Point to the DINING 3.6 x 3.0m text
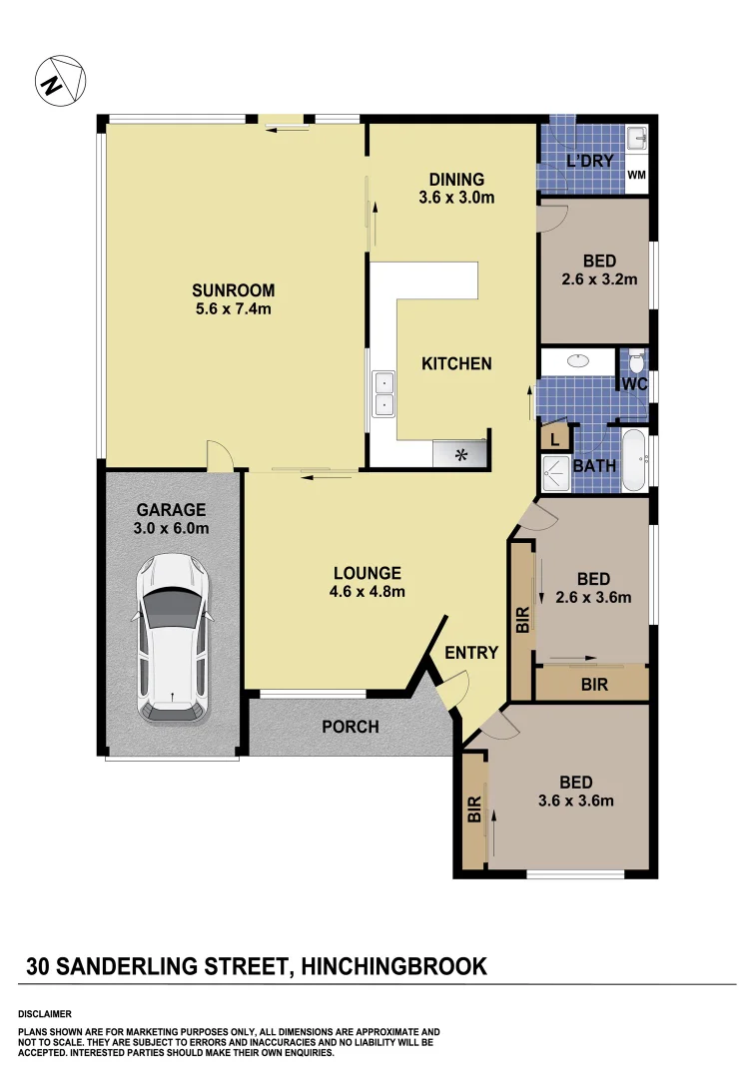tap(456, 189)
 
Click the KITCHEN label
tap(456, 363)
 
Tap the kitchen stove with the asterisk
tap(460, 455)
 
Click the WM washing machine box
tap(636, 176)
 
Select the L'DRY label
tap(588, 161)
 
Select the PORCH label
tap(350, 727)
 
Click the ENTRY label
tap(471, 653)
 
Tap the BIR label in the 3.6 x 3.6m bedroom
tap(474, 808)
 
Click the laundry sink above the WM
tap(636, 138)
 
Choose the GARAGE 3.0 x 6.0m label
tap(172, 519)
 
